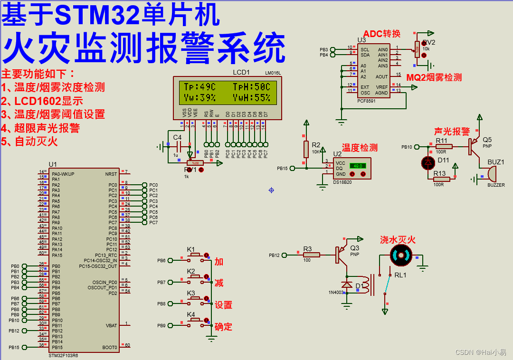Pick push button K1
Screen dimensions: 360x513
point(195,256)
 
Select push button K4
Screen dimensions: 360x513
point(195,321)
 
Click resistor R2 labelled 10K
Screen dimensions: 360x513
point(306,149)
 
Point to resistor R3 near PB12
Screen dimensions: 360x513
point(312,255)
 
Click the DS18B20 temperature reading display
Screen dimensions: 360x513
point(358,166)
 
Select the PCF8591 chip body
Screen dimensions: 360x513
point(373,71)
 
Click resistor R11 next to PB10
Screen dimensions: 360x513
point(444,147)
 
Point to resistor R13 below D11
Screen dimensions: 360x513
point(442,179)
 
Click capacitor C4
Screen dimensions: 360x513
point(177,147)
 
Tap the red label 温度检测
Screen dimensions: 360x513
point(360,148)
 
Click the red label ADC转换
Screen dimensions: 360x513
point(382,34)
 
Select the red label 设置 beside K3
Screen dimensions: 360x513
point(224,305)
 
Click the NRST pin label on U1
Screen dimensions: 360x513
point(111,174)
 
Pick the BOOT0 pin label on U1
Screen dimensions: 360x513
point(110,348)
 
